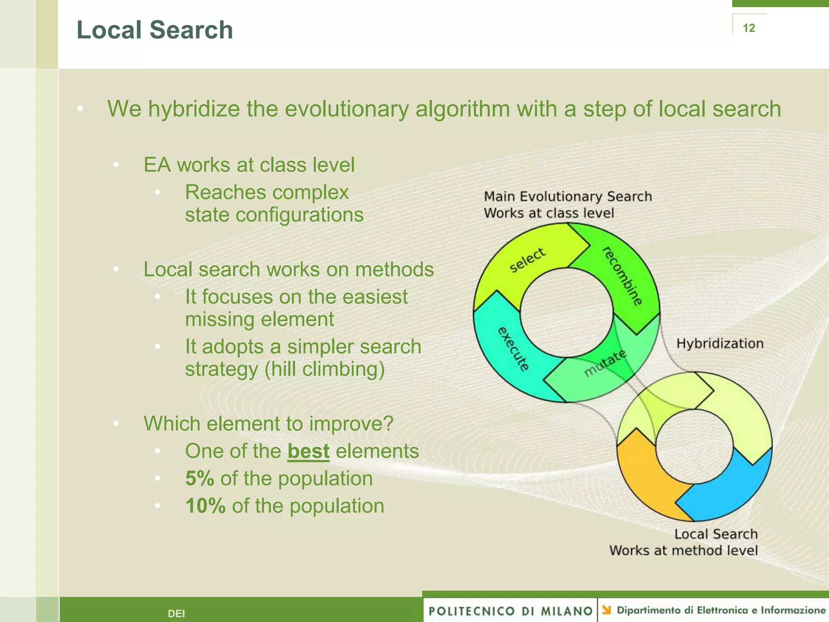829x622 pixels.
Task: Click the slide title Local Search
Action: (x=155, y=30)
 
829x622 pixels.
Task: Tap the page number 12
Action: (x=748, y=28)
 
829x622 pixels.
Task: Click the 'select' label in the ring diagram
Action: (x=527, y=260)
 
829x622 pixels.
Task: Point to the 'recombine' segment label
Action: (x=623, y=276)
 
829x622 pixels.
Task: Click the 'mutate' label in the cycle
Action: (x=605, y=363)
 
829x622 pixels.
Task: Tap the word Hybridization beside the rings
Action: (x=720, y=343)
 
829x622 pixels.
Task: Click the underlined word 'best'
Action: (x=308, y=451)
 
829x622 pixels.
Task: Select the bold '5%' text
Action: (x=200, y=478)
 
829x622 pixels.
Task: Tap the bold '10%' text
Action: (x=205, y=506)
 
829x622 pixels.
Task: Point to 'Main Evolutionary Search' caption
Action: (x=568, y=196)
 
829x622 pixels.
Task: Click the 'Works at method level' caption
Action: (x=683, y=550)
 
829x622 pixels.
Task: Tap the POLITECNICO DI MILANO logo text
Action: (x=510, y=611)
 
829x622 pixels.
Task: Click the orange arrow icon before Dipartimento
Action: (x=606, y=610)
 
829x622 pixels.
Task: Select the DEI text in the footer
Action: (x=176, y=613)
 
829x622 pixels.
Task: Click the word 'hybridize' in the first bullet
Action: (x=194, y=109)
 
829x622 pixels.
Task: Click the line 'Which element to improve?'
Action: (x=268, y=424)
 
